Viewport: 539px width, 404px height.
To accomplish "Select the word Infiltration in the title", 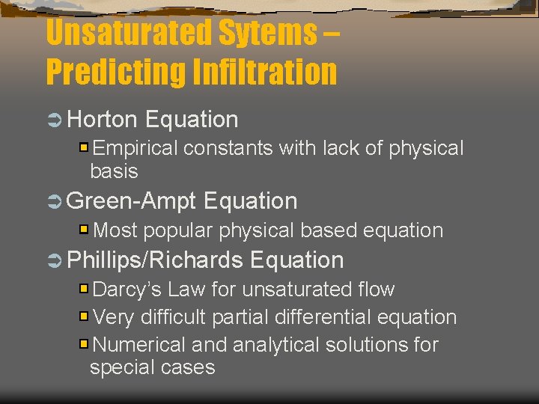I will coord(263,72).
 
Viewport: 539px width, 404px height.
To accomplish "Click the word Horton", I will coord(103,119).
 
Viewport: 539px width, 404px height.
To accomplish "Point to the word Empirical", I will coord(135,148).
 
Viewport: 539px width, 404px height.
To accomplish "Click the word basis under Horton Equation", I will coord(114,171).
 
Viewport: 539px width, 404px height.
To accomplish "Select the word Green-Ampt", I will coord(132,201).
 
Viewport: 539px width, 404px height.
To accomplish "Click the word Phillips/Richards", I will coord(155,260).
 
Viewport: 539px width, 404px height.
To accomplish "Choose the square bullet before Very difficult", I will coord(85,316).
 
